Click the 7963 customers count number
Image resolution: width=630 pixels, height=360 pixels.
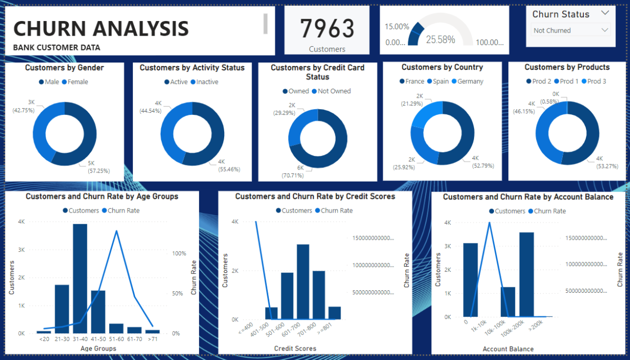(x=327, y=28)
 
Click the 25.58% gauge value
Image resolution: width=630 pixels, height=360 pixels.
(x=440, y=39)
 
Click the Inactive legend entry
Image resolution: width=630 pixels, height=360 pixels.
(x=207, y=82)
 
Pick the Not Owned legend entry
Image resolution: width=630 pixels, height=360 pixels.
(x=333, y=91)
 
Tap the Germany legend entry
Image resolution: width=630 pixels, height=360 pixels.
(x=470, y=81)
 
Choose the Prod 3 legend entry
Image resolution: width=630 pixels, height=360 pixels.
(x=596, y=81)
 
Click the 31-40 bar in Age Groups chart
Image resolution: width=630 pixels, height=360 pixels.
(x=80, y=278)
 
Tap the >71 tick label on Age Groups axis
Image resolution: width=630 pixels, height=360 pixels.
(x=152, y=339)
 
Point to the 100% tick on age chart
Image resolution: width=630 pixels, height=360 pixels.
(x=180, y=253)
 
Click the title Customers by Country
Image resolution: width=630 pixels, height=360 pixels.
(x=442, y=67)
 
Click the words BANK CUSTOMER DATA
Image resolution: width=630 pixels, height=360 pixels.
(x=57, y=48)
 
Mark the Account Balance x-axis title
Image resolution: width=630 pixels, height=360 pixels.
(x=508, y=349)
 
